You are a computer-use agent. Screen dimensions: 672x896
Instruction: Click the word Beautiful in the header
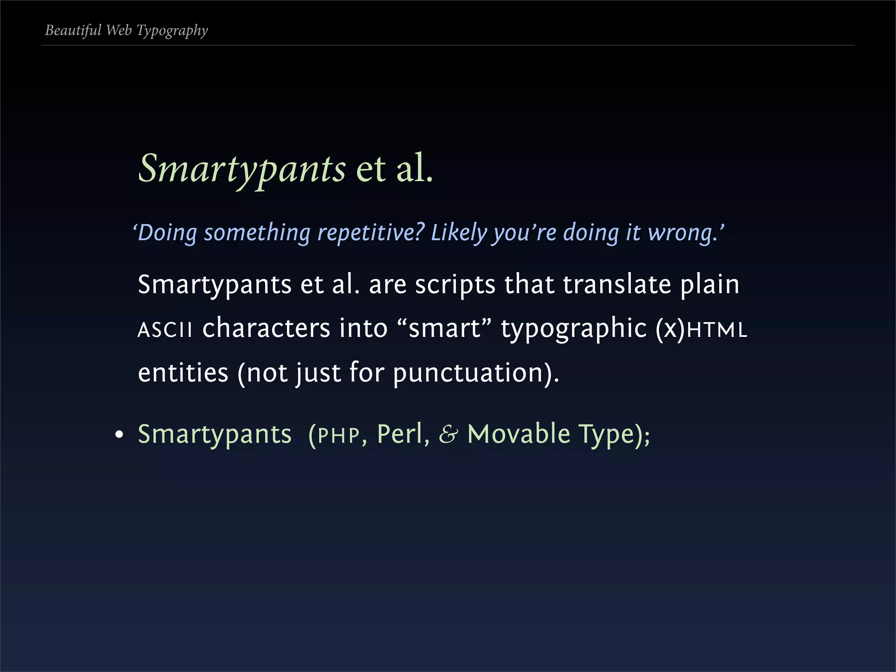coord(73,30)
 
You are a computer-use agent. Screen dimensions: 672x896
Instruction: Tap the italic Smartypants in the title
coord(242,169)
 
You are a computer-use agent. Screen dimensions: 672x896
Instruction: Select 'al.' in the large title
coord(414,168)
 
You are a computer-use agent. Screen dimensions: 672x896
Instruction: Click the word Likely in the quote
coord(458,232)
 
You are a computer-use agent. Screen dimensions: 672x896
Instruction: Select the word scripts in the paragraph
coord(455,285)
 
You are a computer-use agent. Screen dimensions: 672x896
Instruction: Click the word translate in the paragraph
coord(617,284)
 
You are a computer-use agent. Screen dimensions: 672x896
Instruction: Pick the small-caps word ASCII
coord(164,329)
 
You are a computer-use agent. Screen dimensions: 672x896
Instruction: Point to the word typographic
coord(574,329)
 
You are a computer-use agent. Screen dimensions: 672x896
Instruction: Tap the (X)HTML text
coord(701,329)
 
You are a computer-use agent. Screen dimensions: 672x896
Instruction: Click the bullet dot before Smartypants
coord(119,435)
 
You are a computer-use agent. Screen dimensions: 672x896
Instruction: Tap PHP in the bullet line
coord(339,435)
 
